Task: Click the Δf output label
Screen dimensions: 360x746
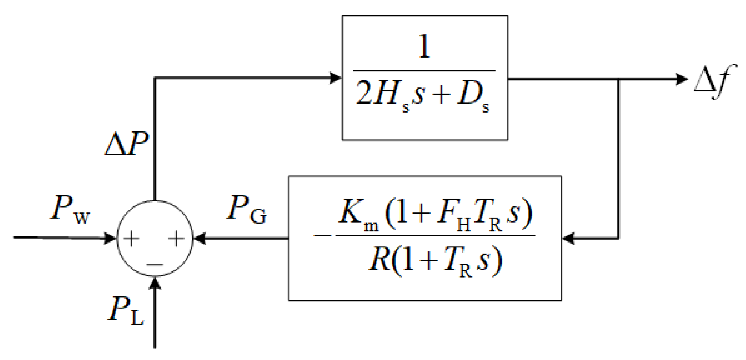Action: click(x=714, y=81)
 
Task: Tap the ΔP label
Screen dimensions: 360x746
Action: click(x=127, y=144)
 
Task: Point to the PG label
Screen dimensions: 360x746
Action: click(x=246, y=209)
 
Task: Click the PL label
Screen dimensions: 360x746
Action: click(x=126, y=310)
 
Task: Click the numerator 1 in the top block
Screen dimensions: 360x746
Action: click(x=424, y=47)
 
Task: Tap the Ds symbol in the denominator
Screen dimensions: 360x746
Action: click(x=473, y=95)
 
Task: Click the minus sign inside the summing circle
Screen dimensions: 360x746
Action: click(x=155, y=265)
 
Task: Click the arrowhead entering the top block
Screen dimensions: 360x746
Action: click(x=336, y=78)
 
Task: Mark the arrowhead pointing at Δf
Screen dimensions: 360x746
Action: click(x=682, y=79)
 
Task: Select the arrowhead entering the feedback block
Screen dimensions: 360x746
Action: click(x=568, y=238)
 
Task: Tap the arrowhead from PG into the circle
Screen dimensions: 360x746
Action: click(x=200, y=238)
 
